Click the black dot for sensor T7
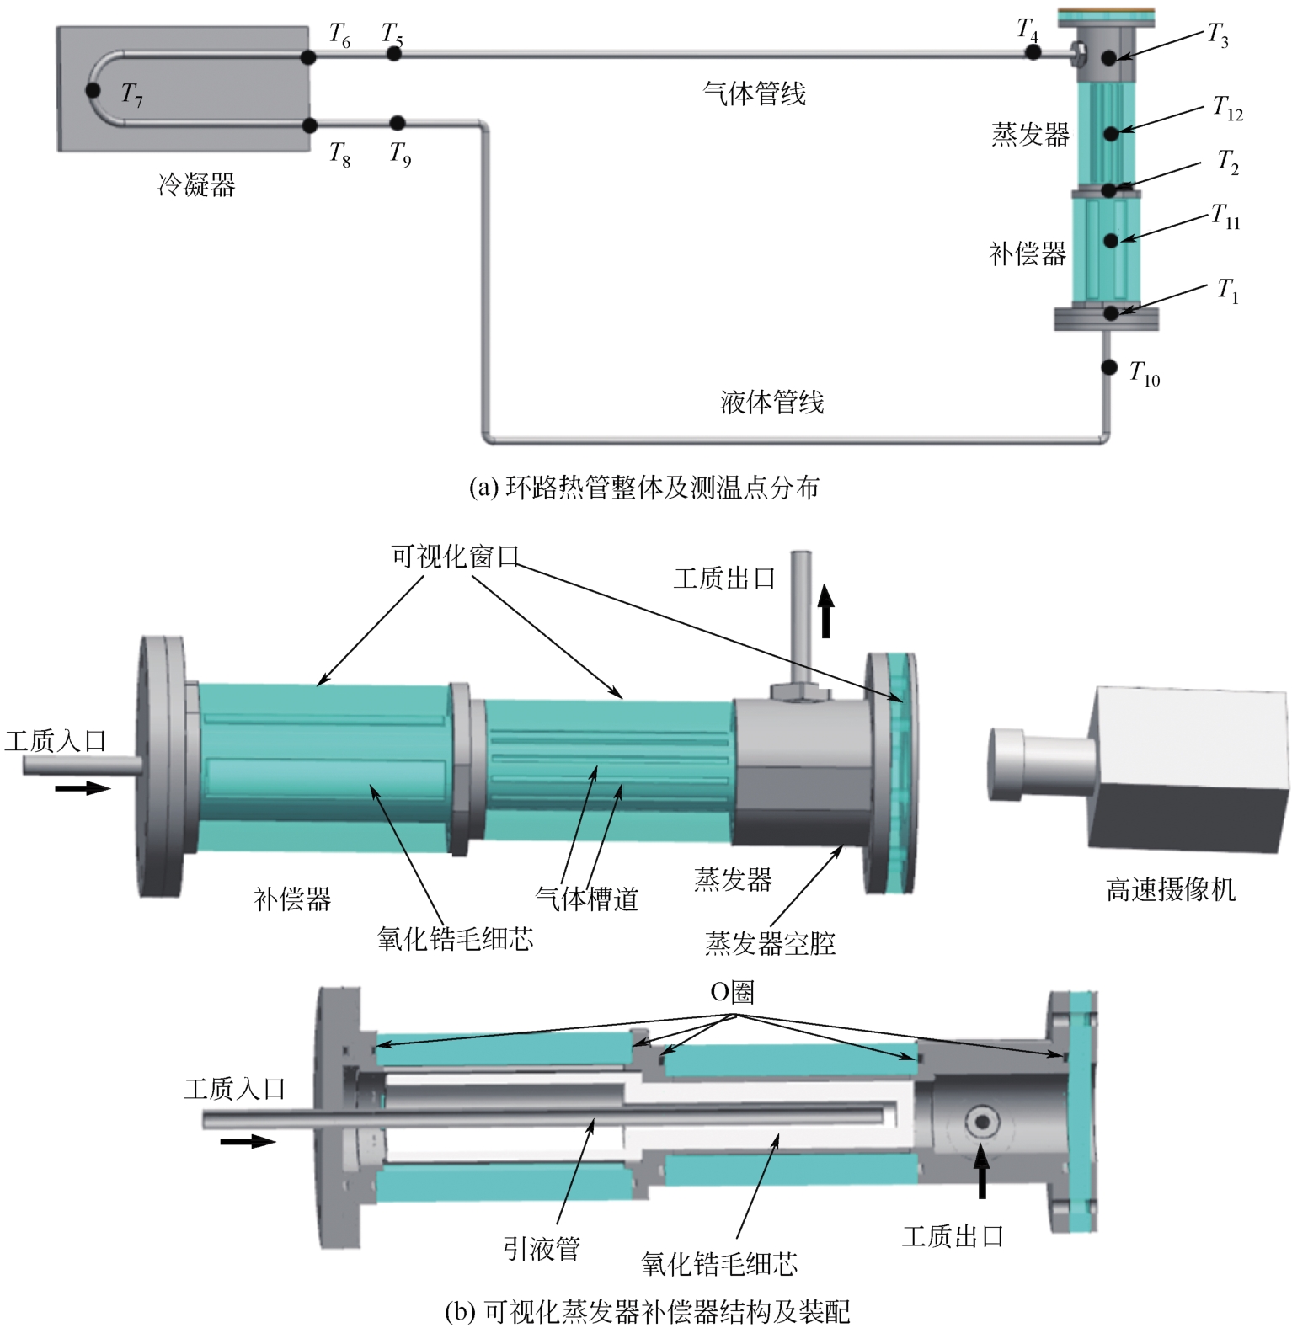click(93, 90)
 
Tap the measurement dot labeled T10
click(1110, 368)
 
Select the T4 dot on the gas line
click(1033, 52)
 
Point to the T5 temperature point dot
click(393, 54)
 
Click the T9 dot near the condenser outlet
click(398, 125)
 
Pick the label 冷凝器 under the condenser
click(196, 184)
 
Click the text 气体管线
click(754, 93)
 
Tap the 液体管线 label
click(771, 402)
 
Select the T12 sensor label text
click(1227, 108)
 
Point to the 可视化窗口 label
click(455, 556)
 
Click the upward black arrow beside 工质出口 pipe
click(826, 611)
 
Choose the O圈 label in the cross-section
click(731, 992)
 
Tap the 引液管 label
click(542, 1248)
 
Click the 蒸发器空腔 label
click(770, 943)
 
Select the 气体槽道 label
click(587, 899)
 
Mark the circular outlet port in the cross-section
click(982, 1122)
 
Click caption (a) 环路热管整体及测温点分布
click(643, 487)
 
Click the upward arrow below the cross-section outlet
click(982, 1172)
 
